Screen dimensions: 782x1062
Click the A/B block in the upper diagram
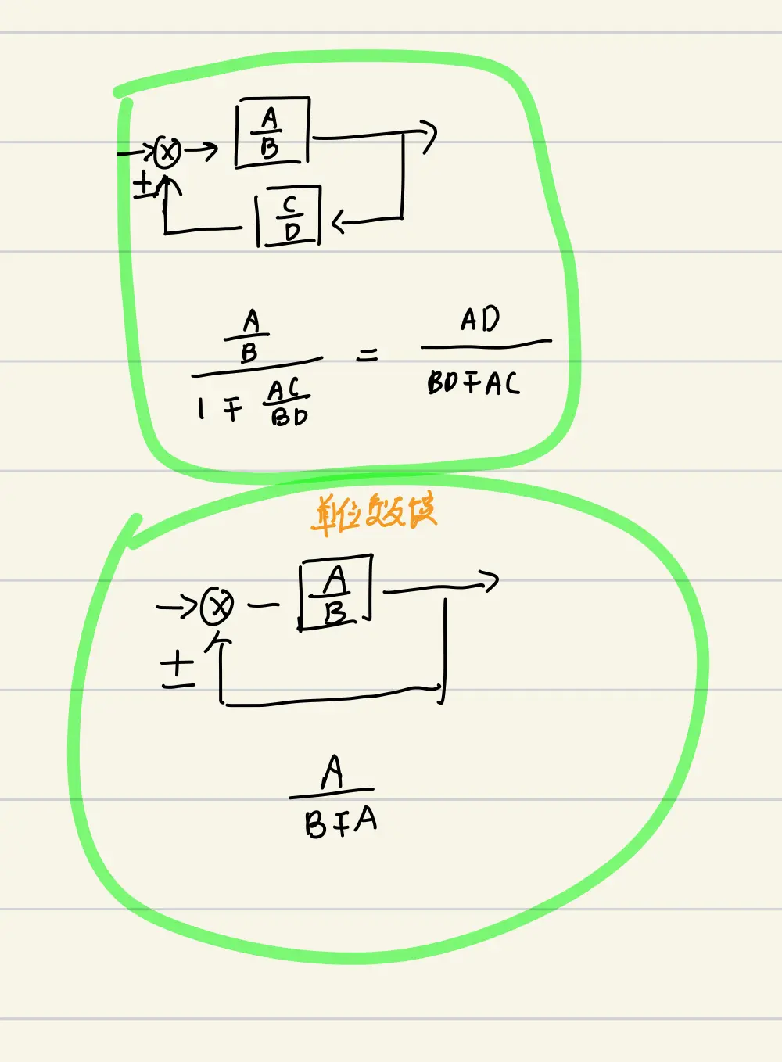coord(271,132)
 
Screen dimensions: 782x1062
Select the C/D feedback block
coord(289,217)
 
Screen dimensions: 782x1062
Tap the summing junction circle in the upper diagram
coord(167,152)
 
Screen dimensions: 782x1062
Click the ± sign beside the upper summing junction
coord(144,186)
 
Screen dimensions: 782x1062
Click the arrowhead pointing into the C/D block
coord(338,223)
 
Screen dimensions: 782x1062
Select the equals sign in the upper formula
coord(367,355)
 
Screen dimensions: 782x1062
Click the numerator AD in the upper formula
coord(480,320)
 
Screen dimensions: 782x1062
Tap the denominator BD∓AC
coord(472,382)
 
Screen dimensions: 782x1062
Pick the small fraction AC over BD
coord(286,402)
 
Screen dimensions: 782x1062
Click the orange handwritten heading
coord(374,513)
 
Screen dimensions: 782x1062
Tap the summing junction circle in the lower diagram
coord(217,606)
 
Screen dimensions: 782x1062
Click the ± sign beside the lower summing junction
coord(178,669)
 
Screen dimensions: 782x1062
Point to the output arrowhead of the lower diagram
coord(490,582)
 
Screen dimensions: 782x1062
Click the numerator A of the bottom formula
coord(332,772)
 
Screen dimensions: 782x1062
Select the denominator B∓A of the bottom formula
coord(340,822)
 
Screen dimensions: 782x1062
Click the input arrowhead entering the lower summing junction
coord(188,606)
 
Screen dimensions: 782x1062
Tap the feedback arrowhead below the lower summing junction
coord(219,644)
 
